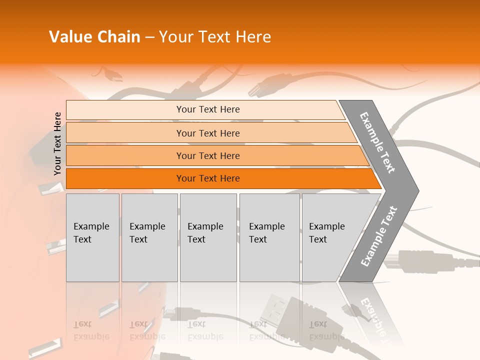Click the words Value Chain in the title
pos(94,37)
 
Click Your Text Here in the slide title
pos(215,37)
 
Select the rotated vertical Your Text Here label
pos(57,143)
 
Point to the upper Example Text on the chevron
pos(377,142)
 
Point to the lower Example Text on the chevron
pos(378,236)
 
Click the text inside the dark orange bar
pos(208,178)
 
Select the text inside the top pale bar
pos(208,109)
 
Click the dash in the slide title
pos(149,37)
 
